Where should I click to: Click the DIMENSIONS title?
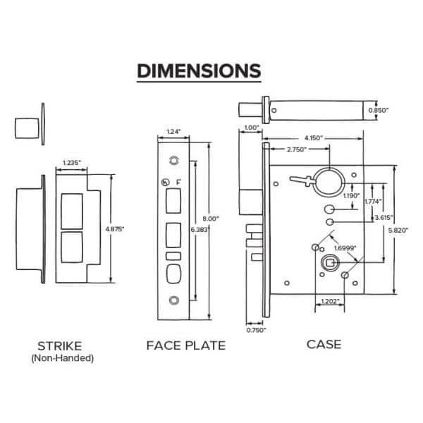(x=199, y=71)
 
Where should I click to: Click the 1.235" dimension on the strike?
(x=72, y=163)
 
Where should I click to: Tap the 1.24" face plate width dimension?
(x=173, y=130)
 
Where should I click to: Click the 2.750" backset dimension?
(x=295, y=151)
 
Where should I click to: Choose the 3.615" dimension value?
(x=384, y=218)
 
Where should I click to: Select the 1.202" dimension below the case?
(x=329, y=301)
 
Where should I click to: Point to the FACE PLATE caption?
(x=186, y=345)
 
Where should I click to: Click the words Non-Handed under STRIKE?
(x=63, y=357)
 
